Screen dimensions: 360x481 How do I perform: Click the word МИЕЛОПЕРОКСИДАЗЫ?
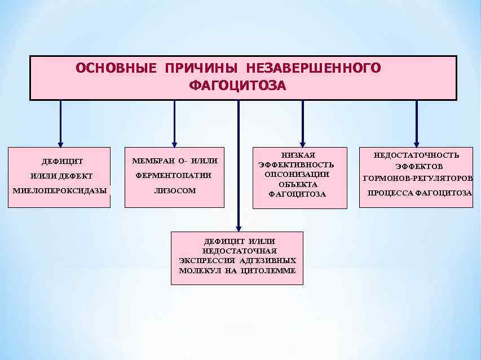tap(60, 190)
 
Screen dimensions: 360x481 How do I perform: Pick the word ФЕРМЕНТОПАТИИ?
tap(174, 175)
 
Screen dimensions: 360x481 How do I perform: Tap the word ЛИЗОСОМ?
tap(174, 190)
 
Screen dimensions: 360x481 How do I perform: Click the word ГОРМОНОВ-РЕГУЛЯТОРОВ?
tap(418, 179)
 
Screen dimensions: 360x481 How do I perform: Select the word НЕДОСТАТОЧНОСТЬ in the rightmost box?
tap(417, 155)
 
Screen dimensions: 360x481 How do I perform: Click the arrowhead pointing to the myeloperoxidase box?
tap(60, 143)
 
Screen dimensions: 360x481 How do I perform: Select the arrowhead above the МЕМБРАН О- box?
tap(174, 143)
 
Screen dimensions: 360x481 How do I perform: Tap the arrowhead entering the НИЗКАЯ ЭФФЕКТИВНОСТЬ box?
tap(303, 143)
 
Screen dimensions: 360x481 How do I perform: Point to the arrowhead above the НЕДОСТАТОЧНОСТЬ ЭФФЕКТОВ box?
tap(417, 143)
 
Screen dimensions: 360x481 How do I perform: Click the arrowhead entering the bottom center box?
tap(238, 226)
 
